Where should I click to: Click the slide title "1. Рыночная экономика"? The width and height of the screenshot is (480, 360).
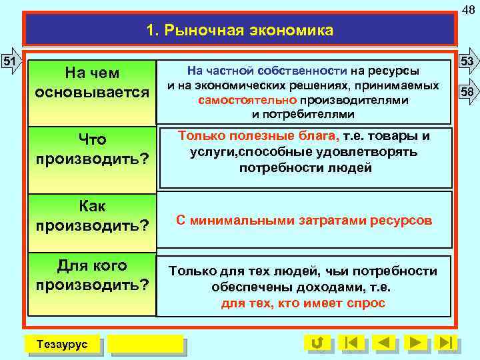pos(239,30)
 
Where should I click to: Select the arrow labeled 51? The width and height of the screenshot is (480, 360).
pos(10,61)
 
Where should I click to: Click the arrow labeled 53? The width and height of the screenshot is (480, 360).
pos(468,61)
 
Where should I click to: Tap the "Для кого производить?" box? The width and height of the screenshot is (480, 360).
pos(92,275)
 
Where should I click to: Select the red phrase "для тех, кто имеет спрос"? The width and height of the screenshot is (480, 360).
pos(303,303)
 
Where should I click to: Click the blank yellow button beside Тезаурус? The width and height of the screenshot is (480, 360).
pos(145,343)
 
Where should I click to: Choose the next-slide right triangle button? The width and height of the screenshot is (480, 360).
pos(417,343)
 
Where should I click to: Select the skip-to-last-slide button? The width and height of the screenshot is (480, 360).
pos(447,343)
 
